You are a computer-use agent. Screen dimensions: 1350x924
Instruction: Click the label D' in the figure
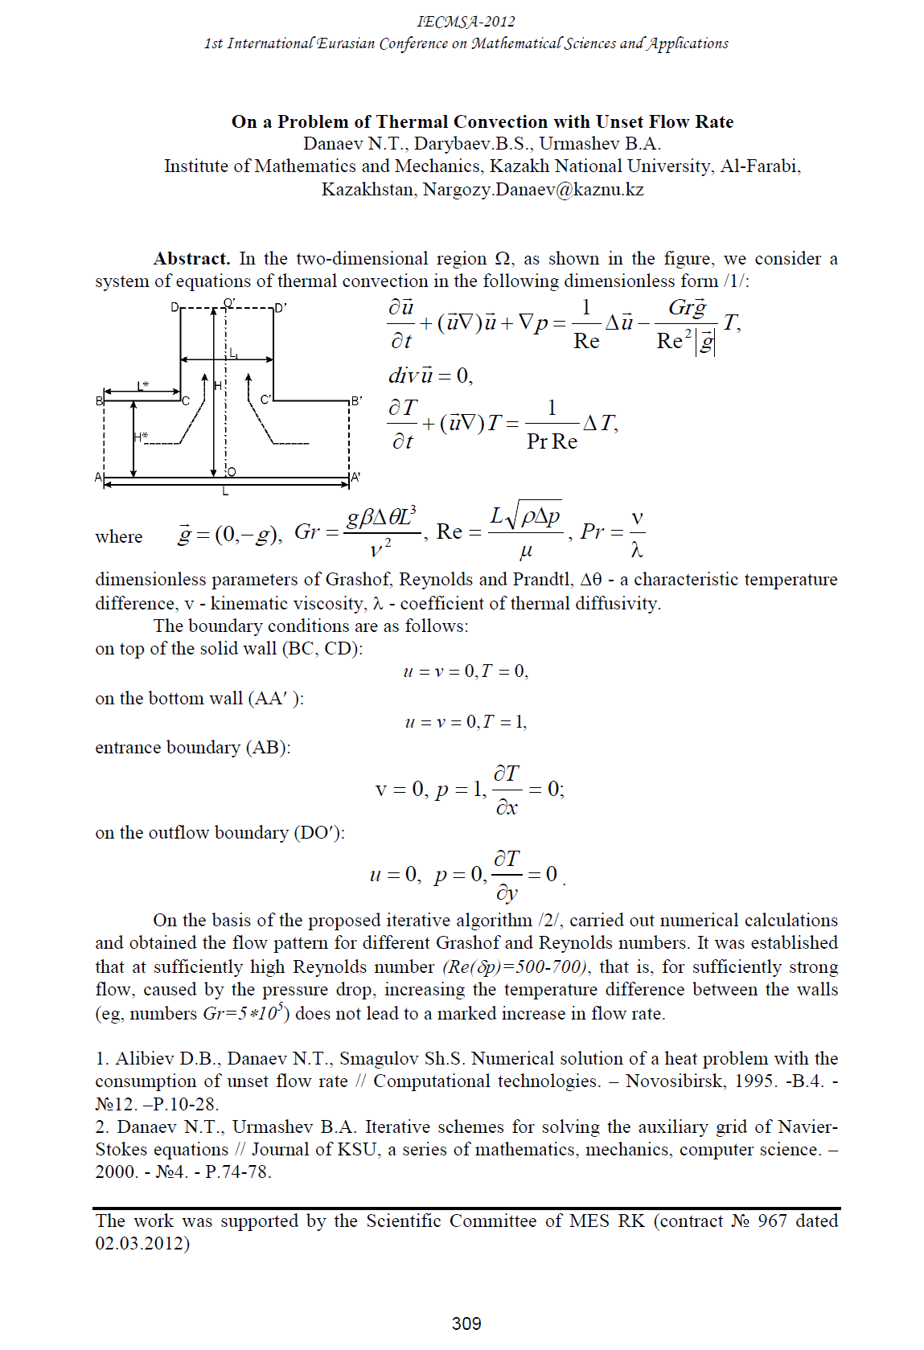pos(281,308)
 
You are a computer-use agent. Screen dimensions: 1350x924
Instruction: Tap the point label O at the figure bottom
pos(232,472)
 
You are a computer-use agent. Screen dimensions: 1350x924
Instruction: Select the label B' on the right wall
pos(356,400)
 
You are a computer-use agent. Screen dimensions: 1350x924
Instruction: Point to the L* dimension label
pos(143,386)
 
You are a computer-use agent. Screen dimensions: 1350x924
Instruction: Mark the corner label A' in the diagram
pos(355,478)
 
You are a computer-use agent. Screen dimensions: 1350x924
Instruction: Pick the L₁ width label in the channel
pos(233,353)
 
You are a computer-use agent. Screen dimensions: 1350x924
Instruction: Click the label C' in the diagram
pos(266,400)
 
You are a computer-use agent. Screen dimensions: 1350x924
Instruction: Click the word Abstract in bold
pos(191,259)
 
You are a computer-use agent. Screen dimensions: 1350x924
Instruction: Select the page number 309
pos(466,1323)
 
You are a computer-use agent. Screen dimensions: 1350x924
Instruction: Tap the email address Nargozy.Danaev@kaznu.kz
pos(533,190)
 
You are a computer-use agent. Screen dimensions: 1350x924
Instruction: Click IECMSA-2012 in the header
pos(466,22)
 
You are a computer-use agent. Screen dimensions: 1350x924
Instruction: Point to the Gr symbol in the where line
pos(306,531)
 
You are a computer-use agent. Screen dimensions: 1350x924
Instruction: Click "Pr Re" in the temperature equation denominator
pos(552,441)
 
